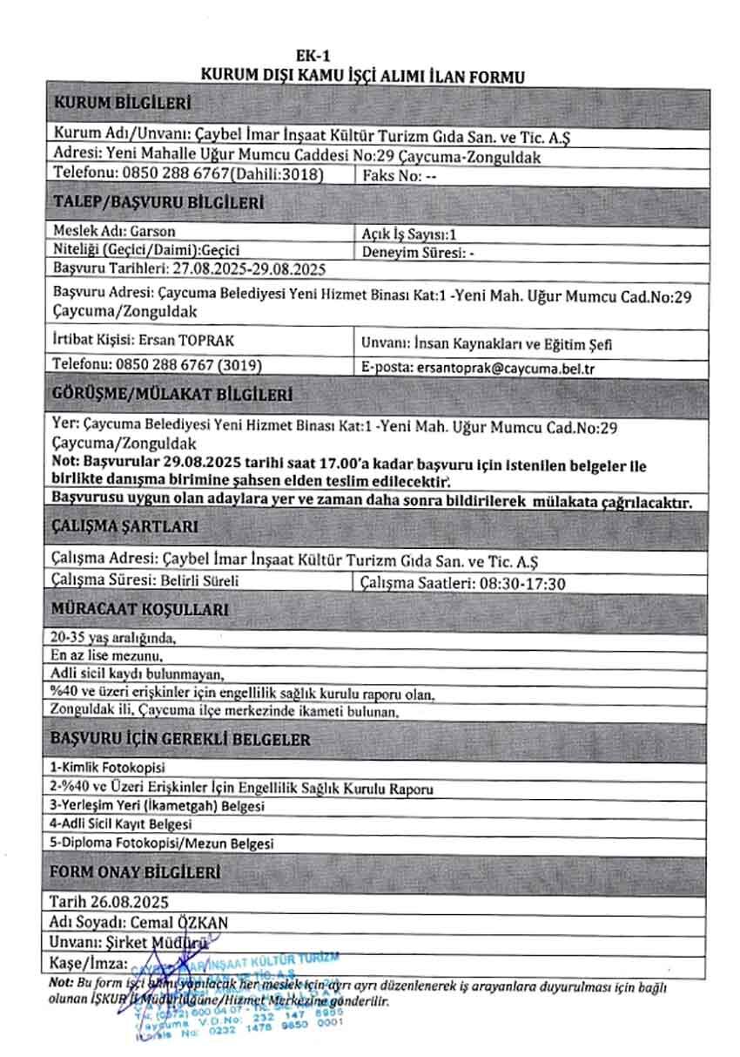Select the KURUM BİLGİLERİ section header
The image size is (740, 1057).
pyautogui.click(x=122, y=104)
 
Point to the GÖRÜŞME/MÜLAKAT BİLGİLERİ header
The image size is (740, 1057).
pyautogui.click(x=173, y=394)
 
